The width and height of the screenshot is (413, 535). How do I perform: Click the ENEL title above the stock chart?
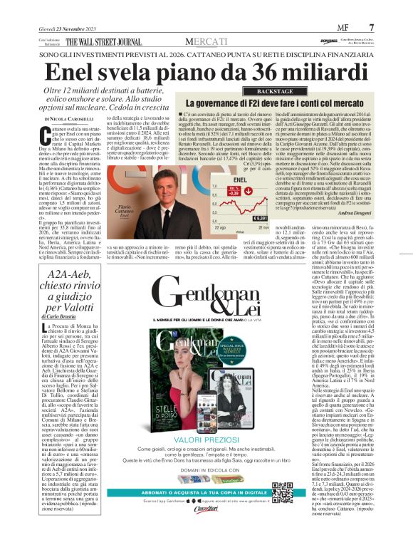point(240,180)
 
